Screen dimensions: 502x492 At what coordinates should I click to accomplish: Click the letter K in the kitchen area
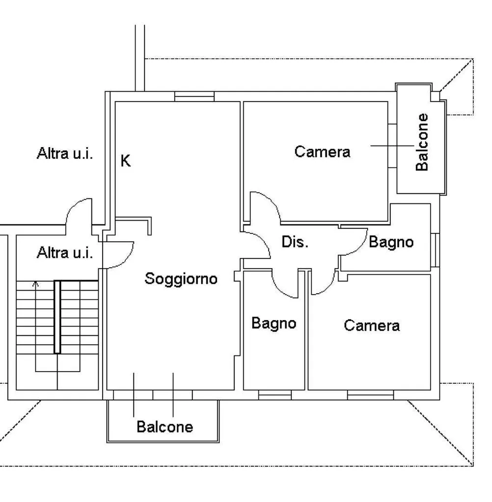(x=126, y=161)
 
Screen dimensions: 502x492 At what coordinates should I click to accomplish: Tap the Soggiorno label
(x=181, y=278)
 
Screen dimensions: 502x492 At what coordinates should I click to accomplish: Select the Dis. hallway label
(x=295, y=242)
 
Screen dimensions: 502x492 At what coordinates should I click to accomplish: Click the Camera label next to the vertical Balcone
(x=323, y=151)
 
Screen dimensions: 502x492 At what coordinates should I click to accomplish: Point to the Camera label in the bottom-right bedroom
(x=372, y=325)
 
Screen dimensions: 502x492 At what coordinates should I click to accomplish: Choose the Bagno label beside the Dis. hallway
(x=391, y=242)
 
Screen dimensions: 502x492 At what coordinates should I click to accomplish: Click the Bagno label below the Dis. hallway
(x=273, y=323)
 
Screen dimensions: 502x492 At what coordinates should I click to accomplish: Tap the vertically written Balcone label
(x=422, y=142)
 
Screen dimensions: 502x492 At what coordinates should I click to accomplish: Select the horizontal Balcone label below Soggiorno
(x=164, y=427)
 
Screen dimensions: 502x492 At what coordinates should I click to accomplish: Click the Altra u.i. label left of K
(x=65, y=154)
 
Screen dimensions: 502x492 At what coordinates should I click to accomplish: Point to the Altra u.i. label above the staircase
(x=65, y=253)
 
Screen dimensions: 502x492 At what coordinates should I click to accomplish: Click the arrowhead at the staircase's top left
(x=35, y=283)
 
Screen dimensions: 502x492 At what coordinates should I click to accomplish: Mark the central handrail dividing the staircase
(x=57, y=317)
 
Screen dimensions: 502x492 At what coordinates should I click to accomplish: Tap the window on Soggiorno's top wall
(x=194, y=97)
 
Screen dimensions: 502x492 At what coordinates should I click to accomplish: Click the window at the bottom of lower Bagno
(x=274, y=395)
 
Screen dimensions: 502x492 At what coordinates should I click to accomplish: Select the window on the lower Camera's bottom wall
(x=370, y=395)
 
